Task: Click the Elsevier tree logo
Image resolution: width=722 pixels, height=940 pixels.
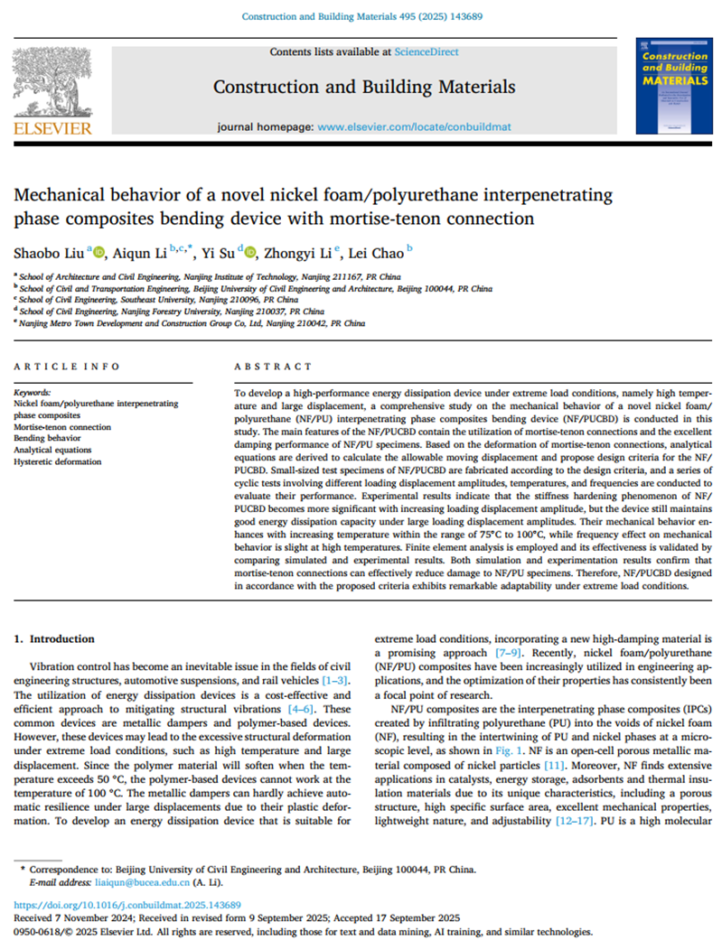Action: pos(52,80)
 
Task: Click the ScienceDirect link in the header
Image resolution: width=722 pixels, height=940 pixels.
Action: pos(426,52)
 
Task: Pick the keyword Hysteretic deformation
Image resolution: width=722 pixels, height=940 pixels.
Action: pos(56,461)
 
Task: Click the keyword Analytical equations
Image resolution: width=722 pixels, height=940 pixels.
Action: pos(52,449)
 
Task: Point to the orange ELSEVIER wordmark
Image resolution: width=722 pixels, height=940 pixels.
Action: pos(52,128)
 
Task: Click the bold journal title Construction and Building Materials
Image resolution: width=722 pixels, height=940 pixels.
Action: pos(363,87)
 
